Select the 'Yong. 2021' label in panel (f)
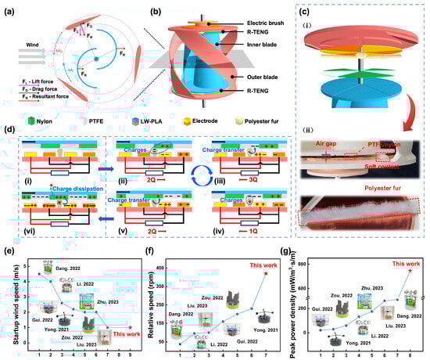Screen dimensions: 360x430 coord(266,330)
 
